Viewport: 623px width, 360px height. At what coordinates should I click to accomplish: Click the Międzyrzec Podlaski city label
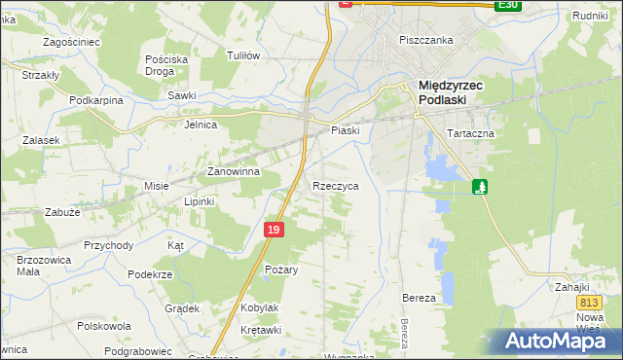point(451,91)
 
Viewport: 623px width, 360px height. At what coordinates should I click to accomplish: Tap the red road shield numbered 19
point(274,230)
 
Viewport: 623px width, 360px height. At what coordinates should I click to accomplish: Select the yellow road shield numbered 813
point(586,305)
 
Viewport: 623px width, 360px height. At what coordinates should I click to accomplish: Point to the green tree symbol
point(479,186)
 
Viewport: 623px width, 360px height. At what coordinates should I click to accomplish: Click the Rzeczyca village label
point(336,185)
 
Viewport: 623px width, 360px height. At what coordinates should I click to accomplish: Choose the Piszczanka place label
point(427,40)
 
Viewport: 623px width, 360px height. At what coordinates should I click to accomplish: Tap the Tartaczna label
point(471,132)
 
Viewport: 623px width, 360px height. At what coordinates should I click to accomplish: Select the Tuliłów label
point(242,55)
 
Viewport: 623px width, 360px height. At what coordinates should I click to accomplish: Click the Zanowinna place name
point(233,171)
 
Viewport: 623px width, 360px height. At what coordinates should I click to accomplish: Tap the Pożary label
point(280,269)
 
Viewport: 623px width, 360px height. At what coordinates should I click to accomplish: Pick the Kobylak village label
point(259,307)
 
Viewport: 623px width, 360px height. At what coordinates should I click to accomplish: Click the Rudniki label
point(590,16)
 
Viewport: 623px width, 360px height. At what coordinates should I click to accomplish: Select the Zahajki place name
point(573,287)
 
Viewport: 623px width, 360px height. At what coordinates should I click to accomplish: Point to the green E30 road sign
point(506,5)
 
